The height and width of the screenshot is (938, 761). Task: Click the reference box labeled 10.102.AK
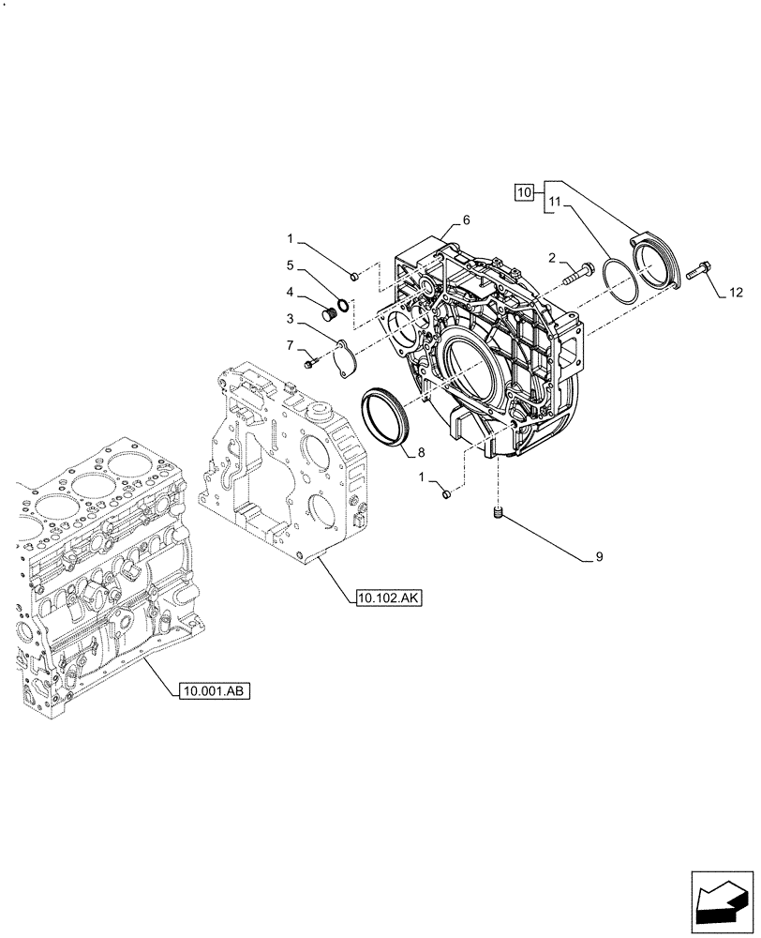point(390,597)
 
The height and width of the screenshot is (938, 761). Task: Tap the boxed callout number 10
point(526,192)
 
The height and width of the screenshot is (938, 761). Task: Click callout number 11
point(555,202)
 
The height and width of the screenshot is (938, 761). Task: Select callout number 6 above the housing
point(466,220)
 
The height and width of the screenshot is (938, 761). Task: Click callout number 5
point(291,265)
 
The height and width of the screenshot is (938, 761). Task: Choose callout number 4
point(291,292)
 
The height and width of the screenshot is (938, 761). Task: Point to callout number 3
point(291,319)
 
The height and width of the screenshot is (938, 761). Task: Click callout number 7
point(291,346)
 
